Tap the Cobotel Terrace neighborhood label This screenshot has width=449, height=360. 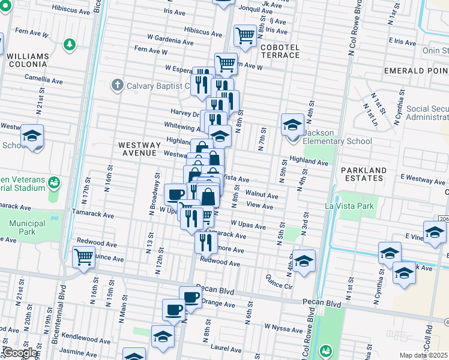[279, 51]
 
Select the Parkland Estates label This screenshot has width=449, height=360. [364, 174]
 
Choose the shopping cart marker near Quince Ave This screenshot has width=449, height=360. [83, 257]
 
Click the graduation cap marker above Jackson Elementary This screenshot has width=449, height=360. [292, 125]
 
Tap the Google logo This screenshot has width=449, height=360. [19, 353]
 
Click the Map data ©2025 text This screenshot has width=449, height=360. [424, 355]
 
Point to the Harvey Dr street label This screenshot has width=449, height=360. [185, 113]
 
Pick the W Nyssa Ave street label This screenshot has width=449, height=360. [283, 329]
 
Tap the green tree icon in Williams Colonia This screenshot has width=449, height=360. [70, 44]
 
